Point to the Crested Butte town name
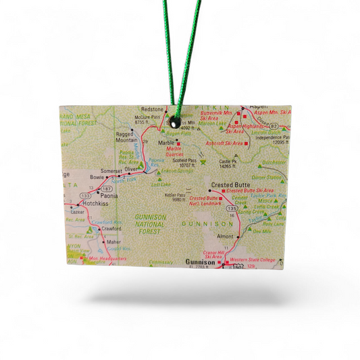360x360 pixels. [x=231, y=184]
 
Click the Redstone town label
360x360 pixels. [x=153, y=109]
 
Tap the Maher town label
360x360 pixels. [x=113, y=242]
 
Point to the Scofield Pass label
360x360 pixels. [x=184, y=161]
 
